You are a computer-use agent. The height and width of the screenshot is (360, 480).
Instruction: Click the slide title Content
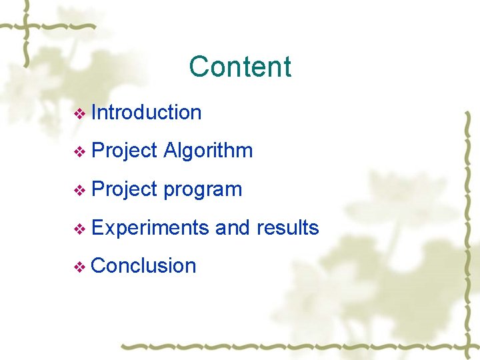[x=240, y=67]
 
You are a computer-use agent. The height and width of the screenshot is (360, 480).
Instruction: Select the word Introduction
[x=146, y=113]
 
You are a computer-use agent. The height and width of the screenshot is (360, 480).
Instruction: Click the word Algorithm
[x=208, y=151]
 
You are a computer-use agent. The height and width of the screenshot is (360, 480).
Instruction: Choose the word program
[x=203, y=190]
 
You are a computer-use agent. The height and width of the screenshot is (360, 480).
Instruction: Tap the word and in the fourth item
[x=232, y=228]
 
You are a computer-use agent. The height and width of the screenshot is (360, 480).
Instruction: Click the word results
[x=287, y=228]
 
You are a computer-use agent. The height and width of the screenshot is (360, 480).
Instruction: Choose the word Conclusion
[x=143, y=266]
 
